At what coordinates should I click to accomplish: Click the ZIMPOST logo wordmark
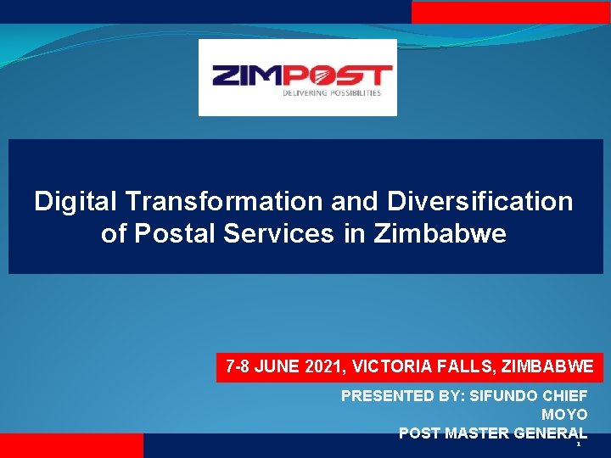pos(301,75)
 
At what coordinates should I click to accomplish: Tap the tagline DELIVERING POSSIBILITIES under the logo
pos(332,93)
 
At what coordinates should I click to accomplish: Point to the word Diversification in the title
pos(480,202)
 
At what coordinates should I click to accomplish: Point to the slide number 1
pos(578,444)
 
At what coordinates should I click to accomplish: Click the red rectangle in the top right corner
pos(511,11)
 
